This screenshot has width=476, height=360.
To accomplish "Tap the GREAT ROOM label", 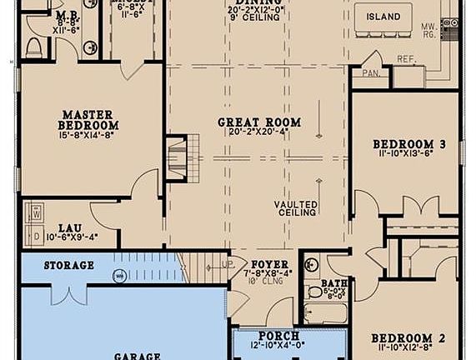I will coord(259,122).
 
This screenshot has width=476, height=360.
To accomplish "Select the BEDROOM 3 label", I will coord(408,144).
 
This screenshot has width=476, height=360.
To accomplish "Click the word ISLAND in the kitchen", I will coord(383,17).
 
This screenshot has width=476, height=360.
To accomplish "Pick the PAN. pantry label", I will coord(370,73).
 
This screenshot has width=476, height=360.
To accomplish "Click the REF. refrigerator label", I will coord(406,59).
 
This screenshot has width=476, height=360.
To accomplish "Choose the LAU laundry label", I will coord(68,227).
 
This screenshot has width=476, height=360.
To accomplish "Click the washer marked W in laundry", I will coord(35,212).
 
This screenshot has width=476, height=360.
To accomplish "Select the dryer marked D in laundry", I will coord(35,237).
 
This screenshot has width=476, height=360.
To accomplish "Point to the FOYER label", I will coord(269,264).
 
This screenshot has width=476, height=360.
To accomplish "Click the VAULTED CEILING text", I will coord(297,208).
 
